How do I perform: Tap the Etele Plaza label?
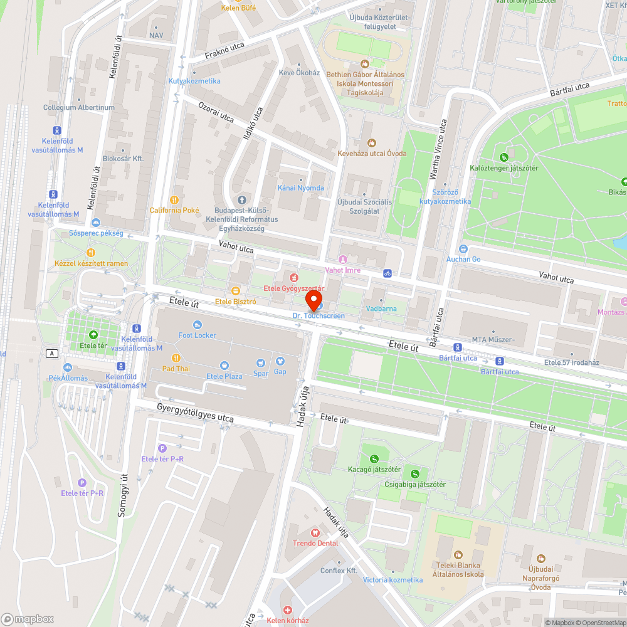224,376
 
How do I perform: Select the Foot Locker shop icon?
198,324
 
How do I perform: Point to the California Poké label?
174,210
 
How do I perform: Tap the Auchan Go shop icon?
463,249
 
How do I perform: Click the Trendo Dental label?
315,543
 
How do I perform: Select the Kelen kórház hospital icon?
288,610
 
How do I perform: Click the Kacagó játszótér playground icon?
374,458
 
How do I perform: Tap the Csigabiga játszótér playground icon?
414,473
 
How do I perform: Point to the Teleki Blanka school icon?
458,554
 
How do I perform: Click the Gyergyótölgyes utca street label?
195,413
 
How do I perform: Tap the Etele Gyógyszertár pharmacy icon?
292,277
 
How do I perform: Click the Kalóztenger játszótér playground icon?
503,157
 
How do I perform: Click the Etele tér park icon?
93,335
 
